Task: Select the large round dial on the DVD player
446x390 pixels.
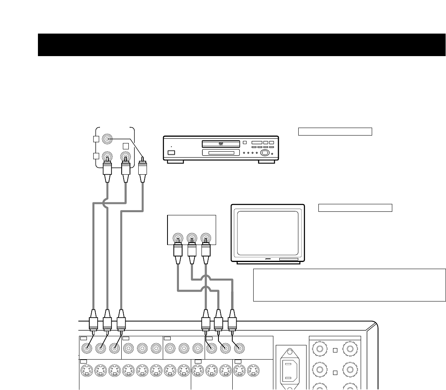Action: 265,153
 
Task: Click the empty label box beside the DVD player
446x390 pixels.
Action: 335,132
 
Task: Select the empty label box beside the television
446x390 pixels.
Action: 355,208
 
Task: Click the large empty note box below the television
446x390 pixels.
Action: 349,285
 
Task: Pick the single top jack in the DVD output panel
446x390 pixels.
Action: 107,139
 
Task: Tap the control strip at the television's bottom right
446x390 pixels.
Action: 288,259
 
